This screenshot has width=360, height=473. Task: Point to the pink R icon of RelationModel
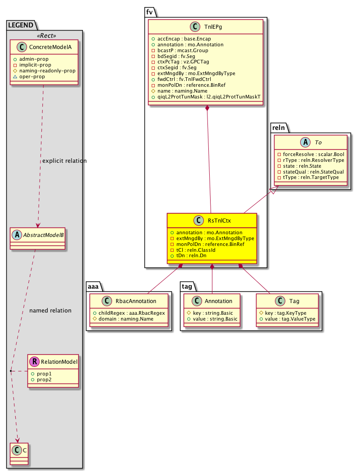coord(34,361)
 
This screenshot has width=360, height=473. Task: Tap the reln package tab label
coord(279,128)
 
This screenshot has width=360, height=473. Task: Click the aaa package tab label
coord(93,286)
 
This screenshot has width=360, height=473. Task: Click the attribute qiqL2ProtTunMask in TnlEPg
coord(209,97)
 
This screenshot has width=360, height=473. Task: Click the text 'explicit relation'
coord(64,161)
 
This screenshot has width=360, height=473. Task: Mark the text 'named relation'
coord(50,310)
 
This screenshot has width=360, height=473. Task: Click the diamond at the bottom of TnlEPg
coord(207,108)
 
